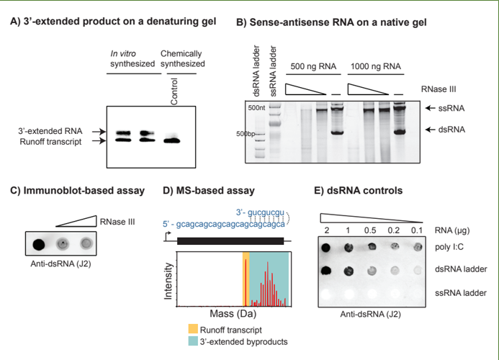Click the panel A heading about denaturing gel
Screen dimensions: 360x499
click(112, 22)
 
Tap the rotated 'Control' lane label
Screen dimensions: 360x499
click(174, 91)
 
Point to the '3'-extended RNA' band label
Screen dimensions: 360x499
click(51, 131)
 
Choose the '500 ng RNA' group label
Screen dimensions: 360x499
click(312, 66)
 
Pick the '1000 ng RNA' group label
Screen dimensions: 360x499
click(376, 66)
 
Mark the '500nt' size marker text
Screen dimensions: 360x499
click(256, 108)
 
